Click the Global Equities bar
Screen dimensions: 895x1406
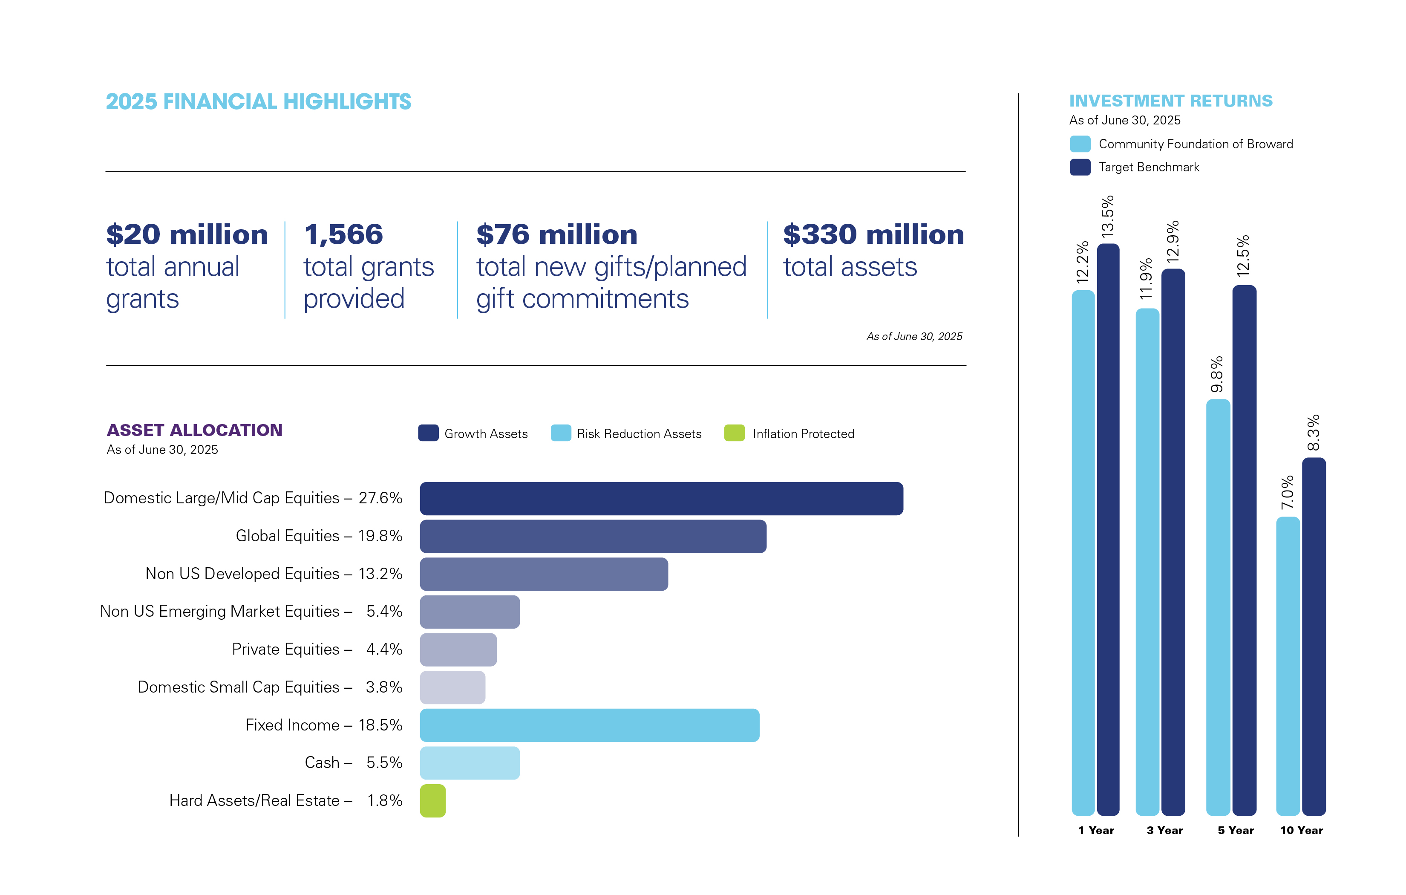[593, 536]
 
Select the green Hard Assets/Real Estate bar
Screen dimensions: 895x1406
[432, 801]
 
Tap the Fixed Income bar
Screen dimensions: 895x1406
[589, 725]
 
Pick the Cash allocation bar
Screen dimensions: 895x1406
[470, 763]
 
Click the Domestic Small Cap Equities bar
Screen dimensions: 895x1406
[452, 687]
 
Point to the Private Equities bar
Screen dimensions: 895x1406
[458, 650]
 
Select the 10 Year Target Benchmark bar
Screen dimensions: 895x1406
[1314, 637]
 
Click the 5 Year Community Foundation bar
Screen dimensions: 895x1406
[1218, 608]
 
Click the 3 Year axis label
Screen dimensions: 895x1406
[1164, 830]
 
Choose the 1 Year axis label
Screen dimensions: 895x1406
[1096, 830]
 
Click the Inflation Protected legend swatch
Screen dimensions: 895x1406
[734, 433]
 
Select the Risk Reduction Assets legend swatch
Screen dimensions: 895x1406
[561, 433]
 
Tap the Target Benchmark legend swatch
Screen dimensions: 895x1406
[1080, 167]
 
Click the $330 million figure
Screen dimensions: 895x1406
[873, 235]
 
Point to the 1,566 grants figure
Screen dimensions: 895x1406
[343, 235]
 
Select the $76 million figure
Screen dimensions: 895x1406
[556, 235]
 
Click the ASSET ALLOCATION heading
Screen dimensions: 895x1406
[194, 430]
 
